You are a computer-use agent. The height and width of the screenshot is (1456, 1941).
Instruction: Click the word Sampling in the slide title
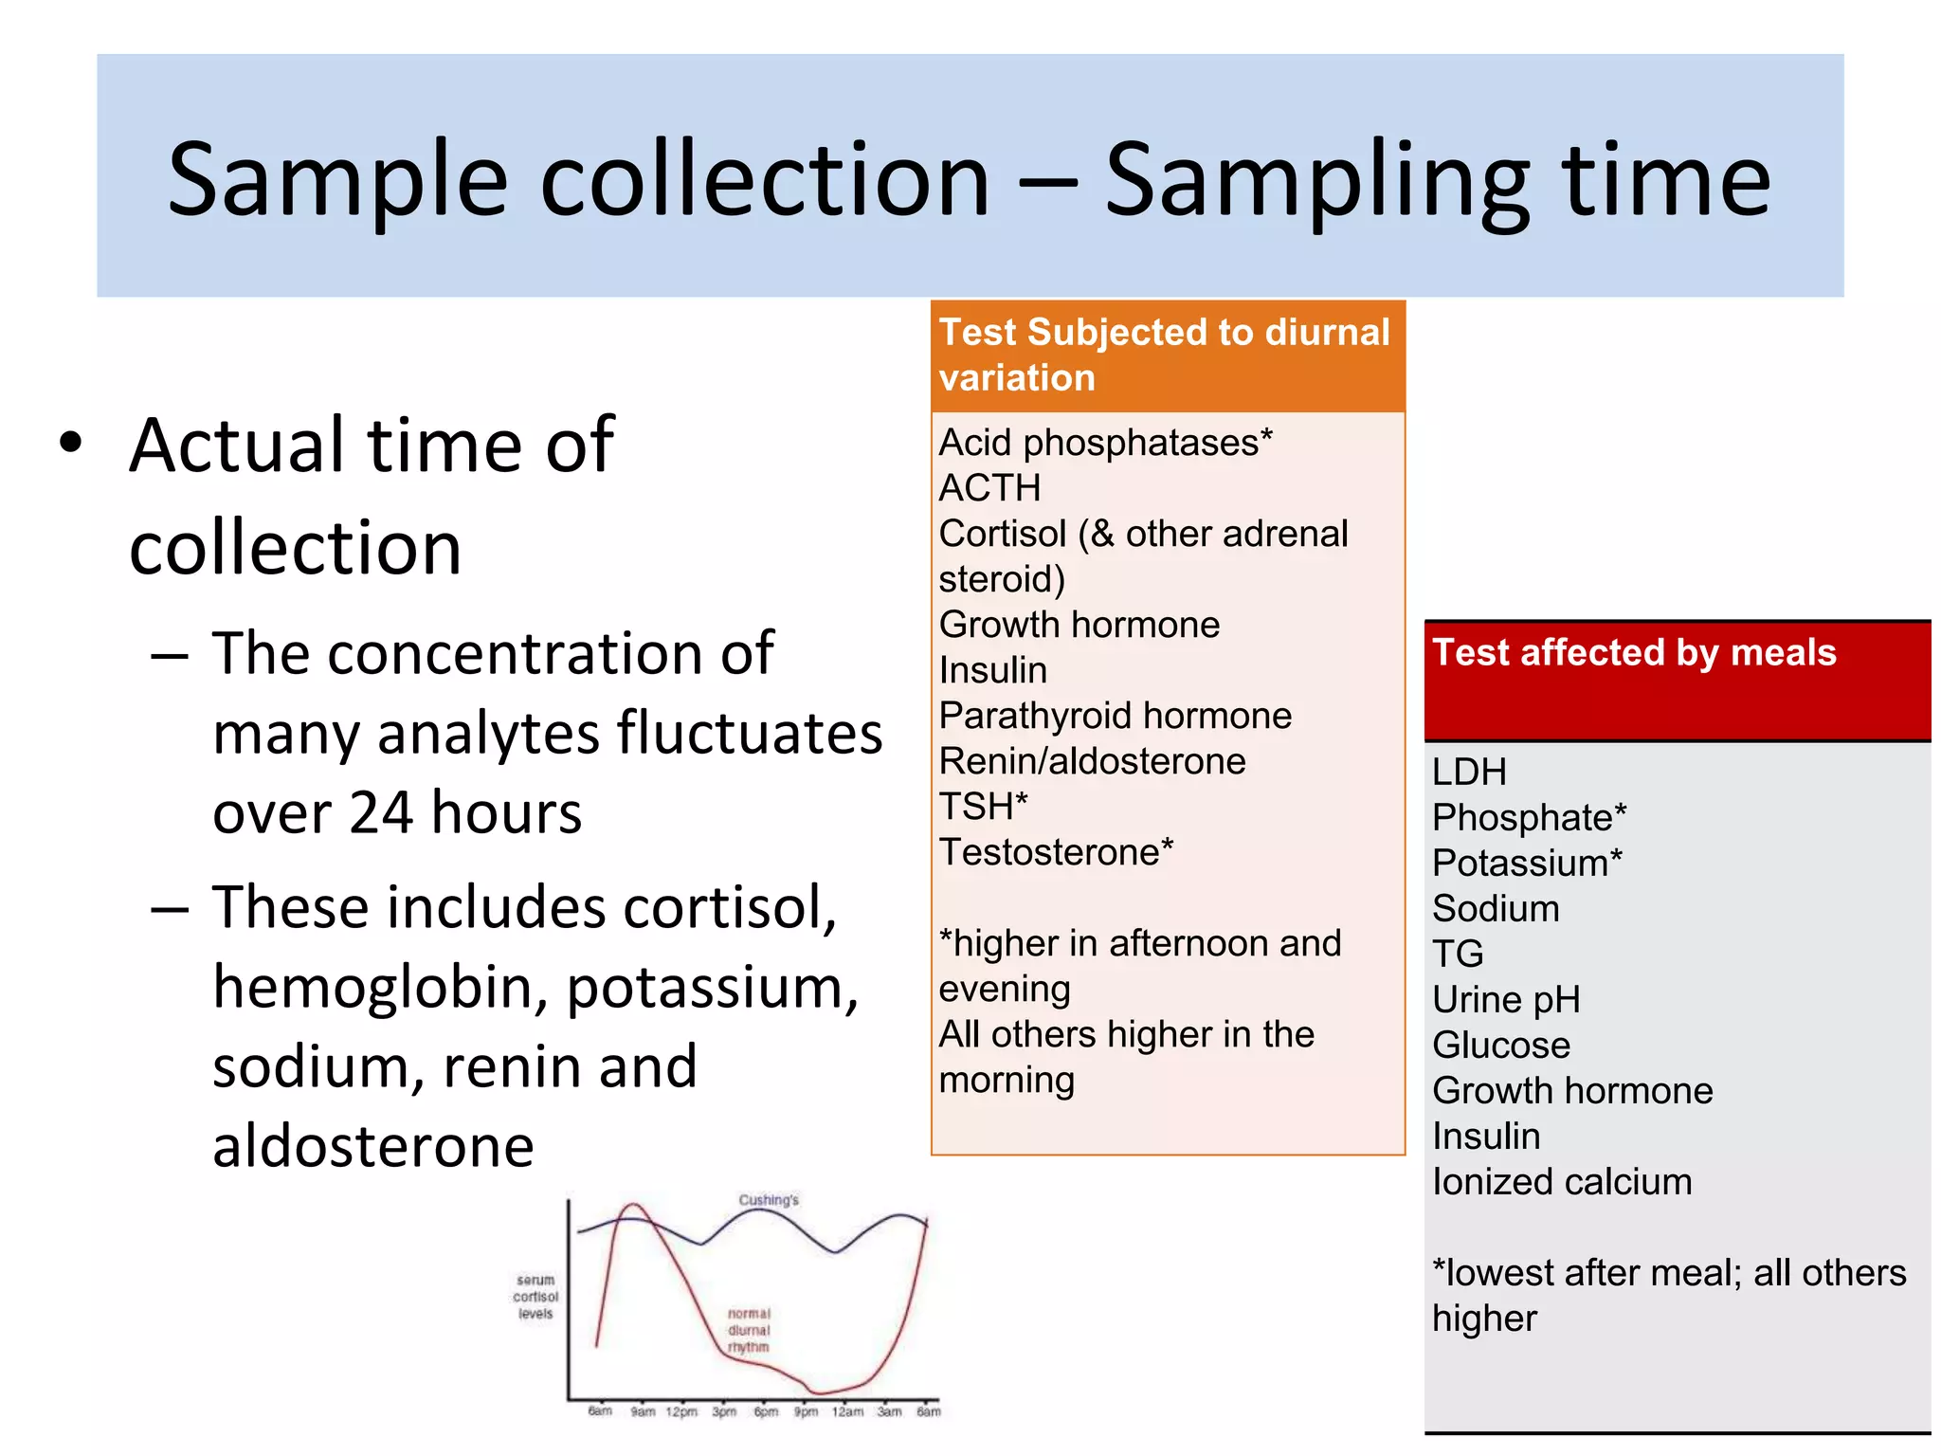point(1317,180)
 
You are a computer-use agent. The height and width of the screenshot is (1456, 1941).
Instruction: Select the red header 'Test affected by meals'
point(1634,653)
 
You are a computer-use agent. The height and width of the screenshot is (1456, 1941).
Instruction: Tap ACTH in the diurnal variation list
point(989,488)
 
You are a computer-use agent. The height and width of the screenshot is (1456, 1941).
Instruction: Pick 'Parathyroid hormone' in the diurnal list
point(1115,716)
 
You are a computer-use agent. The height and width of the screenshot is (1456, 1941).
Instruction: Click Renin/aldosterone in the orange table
point(1092,761)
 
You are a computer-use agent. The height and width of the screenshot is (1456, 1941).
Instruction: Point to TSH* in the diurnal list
point(983,807)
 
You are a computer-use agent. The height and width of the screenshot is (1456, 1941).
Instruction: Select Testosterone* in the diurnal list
point(1056,852)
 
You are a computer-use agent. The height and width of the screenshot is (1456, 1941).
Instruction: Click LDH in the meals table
point(1469,773)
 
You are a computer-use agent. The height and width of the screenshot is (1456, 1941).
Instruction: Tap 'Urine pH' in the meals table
point(1506,1000)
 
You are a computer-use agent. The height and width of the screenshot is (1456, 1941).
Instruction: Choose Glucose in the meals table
point(1501,1046)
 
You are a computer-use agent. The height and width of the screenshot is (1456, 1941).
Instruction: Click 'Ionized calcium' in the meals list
point(1562,1182)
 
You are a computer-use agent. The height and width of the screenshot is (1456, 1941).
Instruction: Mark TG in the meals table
point(1458,954)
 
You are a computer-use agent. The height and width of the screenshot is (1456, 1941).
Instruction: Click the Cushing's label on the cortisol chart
point(769,1200)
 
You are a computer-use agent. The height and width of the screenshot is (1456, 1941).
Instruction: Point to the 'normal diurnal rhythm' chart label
point(749,1330)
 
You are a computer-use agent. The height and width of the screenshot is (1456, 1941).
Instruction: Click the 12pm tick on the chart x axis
point(681,1412)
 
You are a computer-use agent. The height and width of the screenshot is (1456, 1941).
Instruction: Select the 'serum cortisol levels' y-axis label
point(535,1297)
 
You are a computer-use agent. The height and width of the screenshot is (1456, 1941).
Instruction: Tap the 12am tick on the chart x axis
point(847,1412)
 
